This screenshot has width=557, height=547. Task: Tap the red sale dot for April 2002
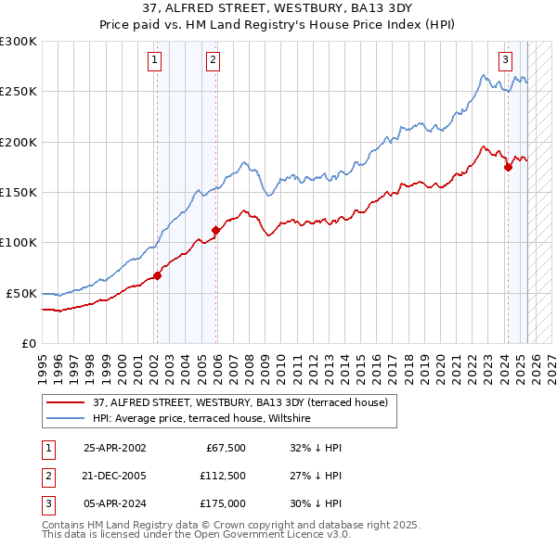click(x=158, y=275)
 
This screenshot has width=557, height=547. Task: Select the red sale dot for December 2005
click(x=215, y=230)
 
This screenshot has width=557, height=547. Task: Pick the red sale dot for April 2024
click(x=508, y=168)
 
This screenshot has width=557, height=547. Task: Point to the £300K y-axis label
click(x=19, y=42)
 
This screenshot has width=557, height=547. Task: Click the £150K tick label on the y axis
click(x=19, y=193)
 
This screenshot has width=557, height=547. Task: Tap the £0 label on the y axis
click(x=28, y=343)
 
